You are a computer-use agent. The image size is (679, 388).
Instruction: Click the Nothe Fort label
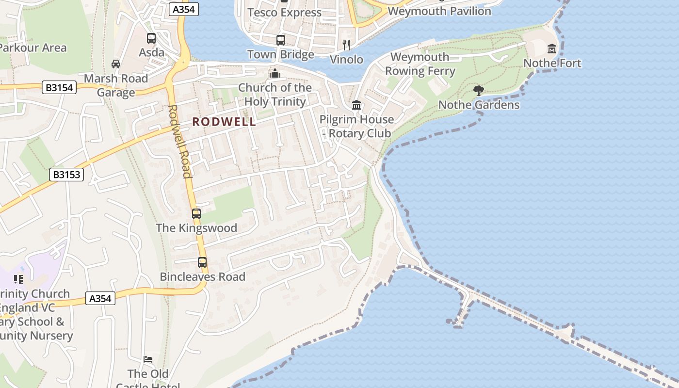(552, 63)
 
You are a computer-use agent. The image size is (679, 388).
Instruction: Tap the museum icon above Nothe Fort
(552, 49)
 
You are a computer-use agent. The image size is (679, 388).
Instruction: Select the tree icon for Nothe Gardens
(479, 90)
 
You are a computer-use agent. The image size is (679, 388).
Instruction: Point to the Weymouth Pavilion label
(439, 11)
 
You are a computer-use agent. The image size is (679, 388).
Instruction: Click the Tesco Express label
(284, 13)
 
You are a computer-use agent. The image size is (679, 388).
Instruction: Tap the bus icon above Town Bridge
(281, 40)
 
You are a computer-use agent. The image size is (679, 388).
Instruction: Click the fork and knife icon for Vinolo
(346, 45)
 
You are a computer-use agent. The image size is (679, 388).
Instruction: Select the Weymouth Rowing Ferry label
(420, 64)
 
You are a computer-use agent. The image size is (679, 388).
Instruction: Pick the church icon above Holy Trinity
(275, 73)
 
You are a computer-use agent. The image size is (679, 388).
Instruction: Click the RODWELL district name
(224, 122)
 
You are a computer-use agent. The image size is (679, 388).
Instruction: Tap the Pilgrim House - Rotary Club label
(356, 126)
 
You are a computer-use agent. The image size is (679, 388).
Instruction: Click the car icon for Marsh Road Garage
(116, 64)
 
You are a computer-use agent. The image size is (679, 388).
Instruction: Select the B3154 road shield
(59, 87)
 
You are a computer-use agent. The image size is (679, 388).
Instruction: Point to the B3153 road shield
(66, 175)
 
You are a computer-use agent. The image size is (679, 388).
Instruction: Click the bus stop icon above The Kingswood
(196, 213)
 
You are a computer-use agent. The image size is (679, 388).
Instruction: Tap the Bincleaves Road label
(203, 277)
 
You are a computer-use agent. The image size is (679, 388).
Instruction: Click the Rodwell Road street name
(179, 141)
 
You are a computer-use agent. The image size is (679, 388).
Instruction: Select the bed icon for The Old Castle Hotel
(148, 359)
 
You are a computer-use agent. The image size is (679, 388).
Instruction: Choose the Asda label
(152, 52)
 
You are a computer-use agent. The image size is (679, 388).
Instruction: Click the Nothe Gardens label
(479, 105)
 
